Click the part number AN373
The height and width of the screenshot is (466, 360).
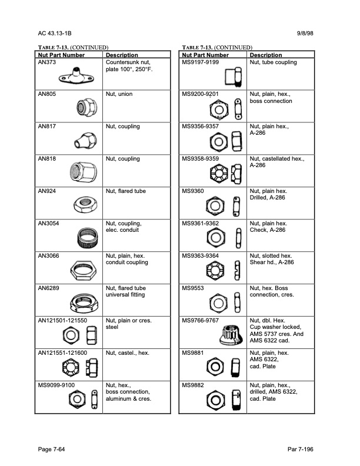[46, 62]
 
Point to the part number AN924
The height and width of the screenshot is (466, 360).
[46, 191]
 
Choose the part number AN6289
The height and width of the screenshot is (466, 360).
[48, 288]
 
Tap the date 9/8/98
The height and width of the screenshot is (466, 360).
[311, 34]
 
